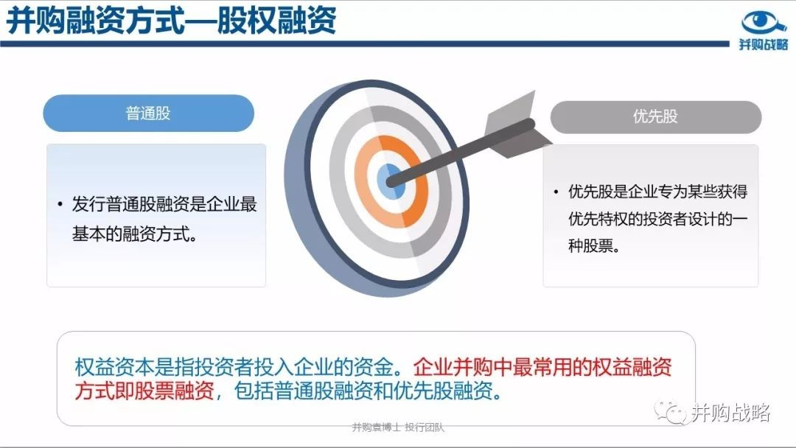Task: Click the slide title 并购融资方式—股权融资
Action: pyautogui.click(x=171, y=21)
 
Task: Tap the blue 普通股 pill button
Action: pyautogui.click(x=148, y=113)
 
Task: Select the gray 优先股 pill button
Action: pyautogui.click(x=655, y=116)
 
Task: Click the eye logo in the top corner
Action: pyautogui.click(x=764, y=24)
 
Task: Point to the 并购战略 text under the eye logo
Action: pyautogui.click(x=763, y=45)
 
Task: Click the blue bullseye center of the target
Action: pyautogui.click(x=391, y=182)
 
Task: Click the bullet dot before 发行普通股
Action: pyautogui.click(x=60, y=204)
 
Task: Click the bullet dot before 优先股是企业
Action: pyautogui.click(x=556, y=192)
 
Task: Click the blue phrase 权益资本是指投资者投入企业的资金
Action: pyautogui.click(x=234, y=367)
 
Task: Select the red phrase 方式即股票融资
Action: pyautogui.click(x=144, y=391)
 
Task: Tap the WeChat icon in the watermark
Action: pyautogui.click(x=670, y=412)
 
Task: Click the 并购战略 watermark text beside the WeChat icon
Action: pyautogui.click(x=730, y=413)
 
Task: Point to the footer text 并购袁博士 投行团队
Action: pyautogui.click(x=398, y=427)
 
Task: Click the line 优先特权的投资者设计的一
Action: pyautogui.click(x=658, y=219)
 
